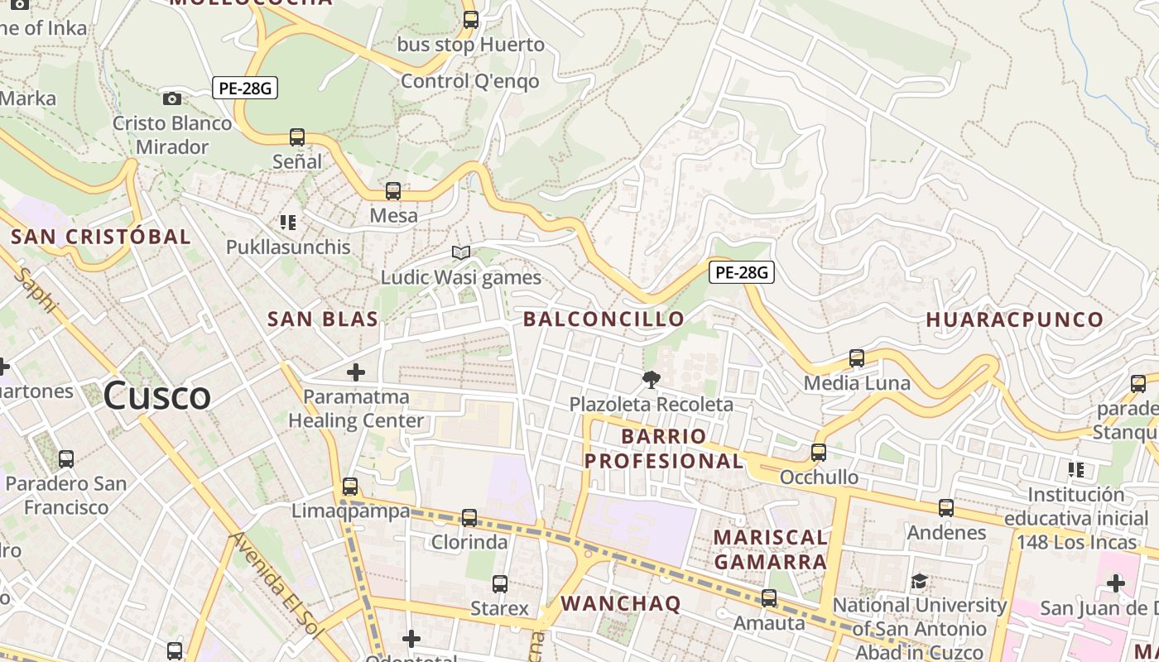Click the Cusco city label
point(157,396)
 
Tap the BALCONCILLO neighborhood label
point(604,319)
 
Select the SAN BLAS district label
point(323,319)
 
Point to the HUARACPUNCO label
point(1014,319)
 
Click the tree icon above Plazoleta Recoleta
point(652,380)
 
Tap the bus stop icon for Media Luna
point(857,358)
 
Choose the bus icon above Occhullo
point(819,453)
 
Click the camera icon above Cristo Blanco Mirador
point(172,98)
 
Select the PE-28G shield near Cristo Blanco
point(245,88)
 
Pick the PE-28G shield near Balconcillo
point(741,271)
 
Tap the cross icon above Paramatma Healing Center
point(356,372)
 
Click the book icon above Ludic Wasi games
point(461,252)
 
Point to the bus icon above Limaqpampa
point(350,487)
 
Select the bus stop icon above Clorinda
point(469,518)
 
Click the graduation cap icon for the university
point(919,581)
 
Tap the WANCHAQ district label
point(621,603)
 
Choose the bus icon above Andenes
point(946,508)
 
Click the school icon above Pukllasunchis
point(288,222)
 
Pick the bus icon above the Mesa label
point(393,191)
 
